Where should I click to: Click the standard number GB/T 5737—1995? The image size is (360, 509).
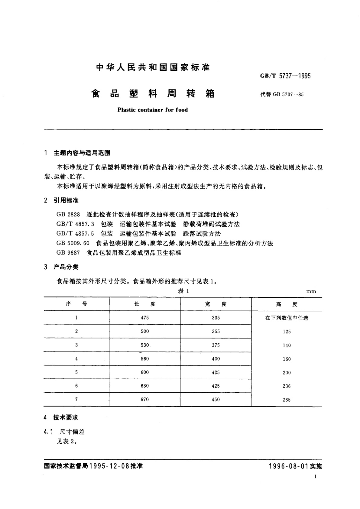point(285,76)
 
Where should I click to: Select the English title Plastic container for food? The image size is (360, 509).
point(152,110)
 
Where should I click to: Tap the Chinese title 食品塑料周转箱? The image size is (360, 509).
point(153,94)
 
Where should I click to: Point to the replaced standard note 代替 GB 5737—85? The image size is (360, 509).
point(282,94)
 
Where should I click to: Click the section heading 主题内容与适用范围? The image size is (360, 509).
point(82,153)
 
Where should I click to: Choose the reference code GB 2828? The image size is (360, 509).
point(68,215)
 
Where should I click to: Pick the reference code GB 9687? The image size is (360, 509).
point(68,253)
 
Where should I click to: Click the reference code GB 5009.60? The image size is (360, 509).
point(73,243)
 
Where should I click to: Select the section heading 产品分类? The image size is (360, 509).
point(66,267)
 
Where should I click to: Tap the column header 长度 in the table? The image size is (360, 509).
point(145,304)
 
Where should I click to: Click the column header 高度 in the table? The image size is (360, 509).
point(287,304)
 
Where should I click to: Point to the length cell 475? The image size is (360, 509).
point(145,318)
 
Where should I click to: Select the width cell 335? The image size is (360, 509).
point(216,318)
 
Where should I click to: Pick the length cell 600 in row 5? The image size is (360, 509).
point(145,372)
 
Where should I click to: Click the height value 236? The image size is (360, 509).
point(287,386)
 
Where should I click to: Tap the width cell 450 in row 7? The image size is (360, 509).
point(216,400)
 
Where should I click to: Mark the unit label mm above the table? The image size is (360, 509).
point(311,292)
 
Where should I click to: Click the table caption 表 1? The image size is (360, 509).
point(183,291)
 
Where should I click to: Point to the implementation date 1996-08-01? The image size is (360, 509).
point(288,466)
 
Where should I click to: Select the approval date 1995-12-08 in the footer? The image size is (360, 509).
point(109,466)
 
